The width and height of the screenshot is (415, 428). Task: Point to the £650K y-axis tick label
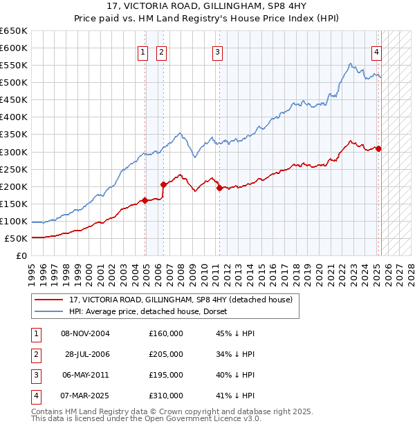click(x=13, y=31)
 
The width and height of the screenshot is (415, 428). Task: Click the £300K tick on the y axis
click(x=13, y=152)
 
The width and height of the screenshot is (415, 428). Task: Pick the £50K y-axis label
click(x=15, y=238)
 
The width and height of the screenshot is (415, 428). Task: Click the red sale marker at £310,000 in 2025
click(x=379, y=148)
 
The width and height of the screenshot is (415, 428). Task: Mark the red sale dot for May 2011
click(x=219, y=188)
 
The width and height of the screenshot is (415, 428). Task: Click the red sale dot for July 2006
click(x=164, y=184)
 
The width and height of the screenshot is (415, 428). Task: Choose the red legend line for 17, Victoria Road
click(x=49, y=300)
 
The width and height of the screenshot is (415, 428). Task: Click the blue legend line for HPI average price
click(x=49, y=311)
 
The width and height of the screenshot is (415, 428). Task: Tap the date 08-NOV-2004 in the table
click(x=85, y=333)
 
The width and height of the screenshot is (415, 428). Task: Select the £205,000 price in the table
click(x=166, y=354)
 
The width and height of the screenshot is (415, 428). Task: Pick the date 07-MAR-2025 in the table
click(x=85, y=396)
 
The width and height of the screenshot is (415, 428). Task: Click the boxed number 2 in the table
click(x=35, y=354)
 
